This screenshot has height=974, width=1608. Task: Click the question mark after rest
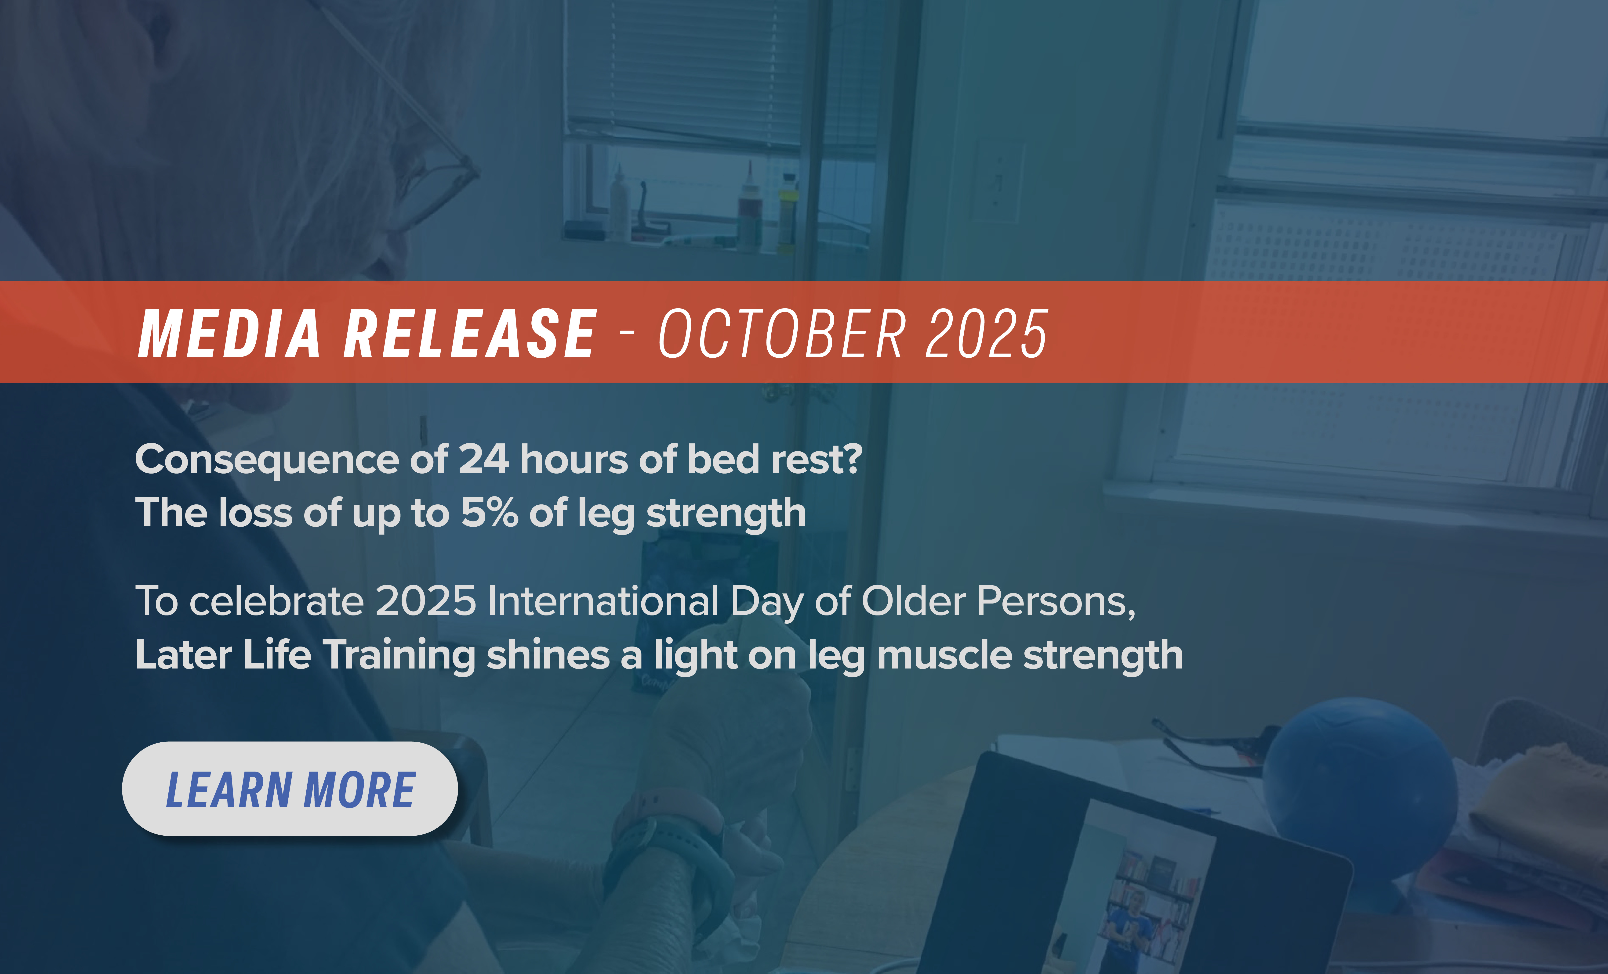(852, 459)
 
